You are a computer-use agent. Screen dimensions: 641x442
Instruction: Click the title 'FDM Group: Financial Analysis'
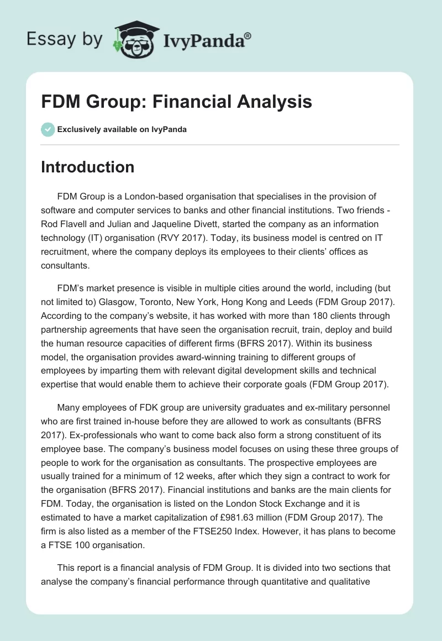(x=176, y=102)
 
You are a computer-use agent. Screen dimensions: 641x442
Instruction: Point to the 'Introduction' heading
(x=87, y=167)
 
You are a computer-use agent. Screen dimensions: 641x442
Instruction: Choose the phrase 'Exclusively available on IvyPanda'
(x=122, y=129)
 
